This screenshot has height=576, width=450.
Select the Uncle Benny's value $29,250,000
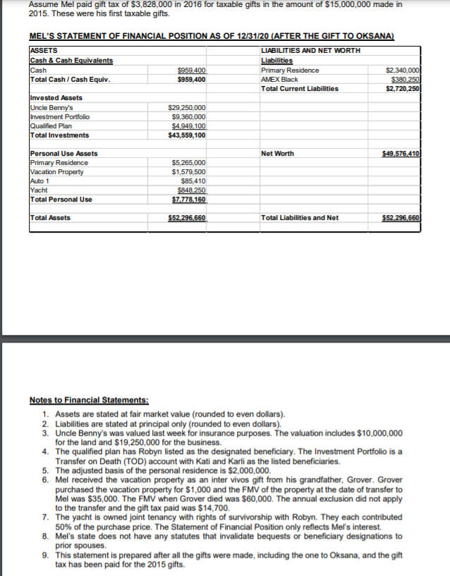pos(188,107)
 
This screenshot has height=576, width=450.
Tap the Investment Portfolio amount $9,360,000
pos(189,116)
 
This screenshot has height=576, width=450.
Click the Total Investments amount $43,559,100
pos(188,135)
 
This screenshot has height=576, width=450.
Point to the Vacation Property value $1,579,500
pos(188,171)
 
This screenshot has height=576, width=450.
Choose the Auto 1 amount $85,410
pos(193,180)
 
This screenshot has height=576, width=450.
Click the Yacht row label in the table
pos(37,190)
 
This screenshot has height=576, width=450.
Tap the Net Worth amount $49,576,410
pos(401,153)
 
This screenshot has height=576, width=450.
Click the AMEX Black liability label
pos(279,80)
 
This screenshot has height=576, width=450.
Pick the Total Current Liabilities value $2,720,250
pos(403,89)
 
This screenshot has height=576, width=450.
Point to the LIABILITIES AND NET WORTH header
pos(310,51)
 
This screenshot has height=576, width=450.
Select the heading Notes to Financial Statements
pos(89,400)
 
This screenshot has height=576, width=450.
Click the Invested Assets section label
pos(56,98)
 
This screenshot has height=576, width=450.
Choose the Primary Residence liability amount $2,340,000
pos(403,71)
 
